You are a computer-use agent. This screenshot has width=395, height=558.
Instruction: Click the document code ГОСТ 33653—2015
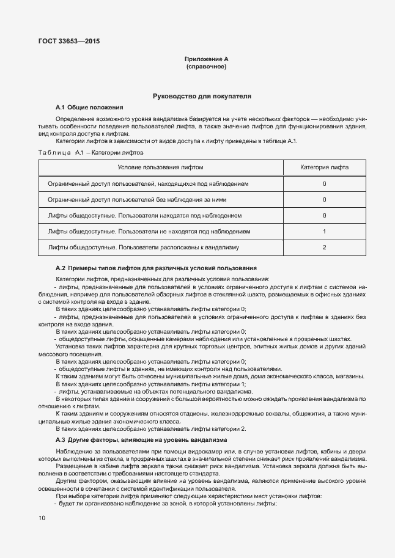click(68, 42)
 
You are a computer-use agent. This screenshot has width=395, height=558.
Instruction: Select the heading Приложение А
click(206, 59)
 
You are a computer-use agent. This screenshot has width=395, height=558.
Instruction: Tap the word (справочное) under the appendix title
click(206, 67)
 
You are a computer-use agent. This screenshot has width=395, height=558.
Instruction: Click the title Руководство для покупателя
click(202, 97)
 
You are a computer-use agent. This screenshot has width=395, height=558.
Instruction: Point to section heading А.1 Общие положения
click(89, 107)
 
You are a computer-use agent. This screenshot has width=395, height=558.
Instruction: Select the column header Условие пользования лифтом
click(160, 167)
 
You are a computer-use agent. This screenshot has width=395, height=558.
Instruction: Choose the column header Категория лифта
click(324, 167)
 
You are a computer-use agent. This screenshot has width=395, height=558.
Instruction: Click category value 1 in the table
click(324, 232)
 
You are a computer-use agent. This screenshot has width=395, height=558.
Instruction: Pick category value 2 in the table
click(324, 248)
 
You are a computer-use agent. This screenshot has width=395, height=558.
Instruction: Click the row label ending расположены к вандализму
click(143, 248)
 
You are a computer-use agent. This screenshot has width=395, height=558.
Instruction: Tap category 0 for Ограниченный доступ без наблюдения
click(324, 199)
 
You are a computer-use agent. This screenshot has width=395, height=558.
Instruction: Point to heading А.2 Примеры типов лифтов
click(156, 268)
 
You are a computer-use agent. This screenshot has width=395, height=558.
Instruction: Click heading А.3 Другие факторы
click(141, 439)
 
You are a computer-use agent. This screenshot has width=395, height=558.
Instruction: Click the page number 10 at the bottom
click(42, 518)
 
